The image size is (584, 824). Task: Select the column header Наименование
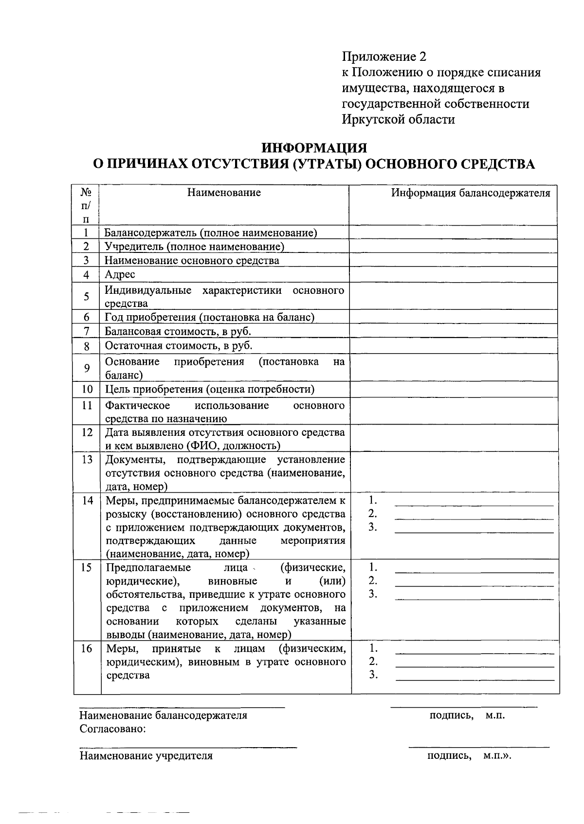(224, 193)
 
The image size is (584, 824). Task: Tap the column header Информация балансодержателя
(471, 193)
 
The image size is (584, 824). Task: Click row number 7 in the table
(86, 332)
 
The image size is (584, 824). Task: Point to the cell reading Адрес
(120, 274)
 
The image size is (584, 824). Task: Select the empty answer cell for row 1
(453, 233)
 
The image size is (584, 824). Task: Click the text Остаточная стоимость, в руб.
(179, 346)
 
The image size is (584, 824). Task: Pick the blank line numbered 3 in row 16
(474, 678)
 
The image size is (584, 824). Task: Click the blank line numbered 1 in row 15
(474, 572)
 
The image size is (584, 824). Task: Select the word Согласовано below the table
(113, 729)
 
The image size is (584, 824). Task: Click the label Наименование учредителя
(146, 756)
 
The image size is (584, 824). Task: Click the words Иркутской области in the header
(398, 119)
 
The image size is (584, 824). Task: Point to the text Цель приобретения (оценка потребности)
(210, 389)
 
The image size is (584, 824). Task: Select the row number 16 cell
(87, 648)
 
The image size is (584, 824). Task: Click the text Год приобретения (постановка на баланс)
(210, 318)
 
